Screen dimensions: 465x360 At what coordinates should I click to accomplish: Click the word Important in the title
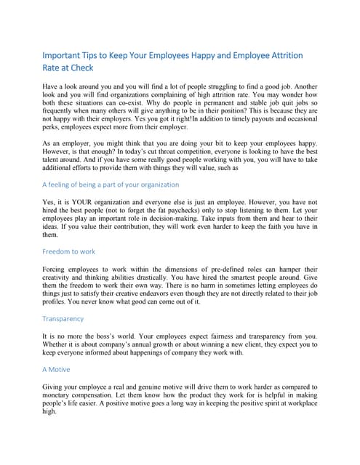tap(63, 56)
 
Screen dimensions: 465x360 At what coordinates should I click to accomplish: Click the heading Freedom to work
tap(69, 251)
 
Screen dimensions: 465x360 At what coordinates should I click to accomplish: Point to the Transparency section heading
tap(63, 318)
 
